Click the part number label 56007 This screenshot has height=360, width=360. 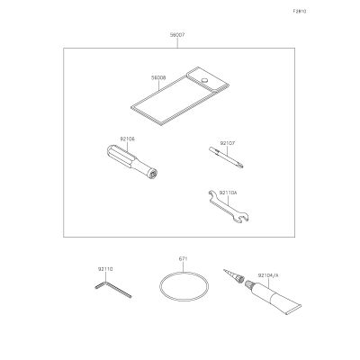[x=177, y=35]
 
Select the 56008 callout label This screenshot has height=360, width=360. [x=158, y=77]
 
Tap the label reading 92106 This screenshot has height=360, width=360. [x=127, y=139]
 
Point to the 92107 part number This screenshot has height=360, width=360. [x=228, y=143]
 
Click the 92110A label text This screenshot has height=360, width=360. [x=229, y=193]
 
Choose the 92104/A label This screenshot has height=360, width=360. [x=268, y=274]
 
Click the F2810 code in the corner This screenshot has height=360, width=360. [x=300, y=12]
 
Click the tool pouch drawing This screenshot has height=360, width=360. [x=180, y=96]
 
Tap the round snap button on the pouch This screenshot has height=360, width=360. [x=204, y=80]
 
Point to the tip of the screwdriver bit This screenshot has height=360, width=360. [x=242, y=166]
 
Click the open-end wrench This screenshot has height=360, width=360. [x=229, y=206]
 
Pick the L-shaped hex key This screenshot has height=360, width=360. [x=113, y=289]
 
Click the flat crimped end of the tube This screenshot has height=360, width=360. [x=294, y=310]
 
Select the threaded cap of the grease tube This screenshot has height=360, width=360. [x=249, y=284]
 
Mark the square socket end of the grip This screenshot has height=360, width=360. [x=154, y=175]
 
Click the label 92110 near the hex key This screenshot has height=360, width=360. [x=105, y=269]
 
